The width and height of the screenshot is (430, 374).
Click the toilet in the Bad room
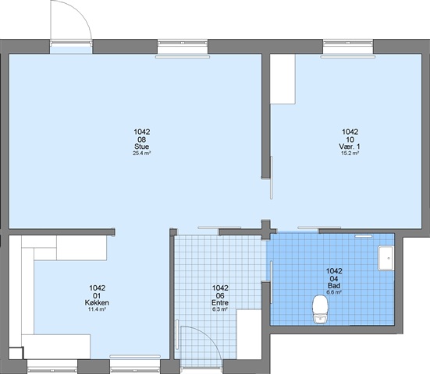click(320, 309)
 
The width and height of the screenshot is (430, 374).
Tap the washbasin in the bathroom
click(386, 258)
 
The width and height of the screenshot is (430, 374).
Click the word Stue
click(142, 146)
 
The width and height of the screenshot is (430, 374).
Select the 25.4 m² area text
click(142, 153)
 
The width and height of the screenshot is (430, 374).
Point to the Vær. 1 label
click(350, 146)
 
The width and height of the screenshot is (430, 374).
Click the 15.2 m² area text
click(350, 153)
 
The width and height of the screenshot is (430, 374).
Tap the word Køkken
click(97, 302)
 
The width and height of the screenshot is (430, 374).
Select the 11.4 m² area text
click(97, 309)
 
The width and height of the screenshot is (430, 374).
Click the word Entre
click(220, 302)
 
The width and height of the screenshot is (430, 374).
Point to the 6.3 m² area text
click(220, 309)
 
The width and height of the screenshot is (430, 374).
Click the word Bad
click(334, 286)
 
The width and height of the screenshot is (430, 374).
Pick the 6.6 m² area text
click(334, 292)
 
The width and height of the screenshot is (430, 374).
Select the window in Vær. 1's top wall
click(348, 47)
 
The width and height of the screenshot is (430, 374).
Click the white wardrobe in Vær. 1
click(283, 79)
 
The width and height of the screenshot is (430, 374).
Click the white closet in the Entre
click(249, 334)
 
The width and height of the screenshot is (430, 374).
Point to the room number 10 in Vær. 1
click(350, 139)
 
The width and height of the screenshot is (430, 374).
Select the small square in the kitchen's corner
click(16, 353)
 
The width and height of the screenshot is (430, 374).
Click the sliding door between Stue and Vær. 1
click(272, 178)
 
